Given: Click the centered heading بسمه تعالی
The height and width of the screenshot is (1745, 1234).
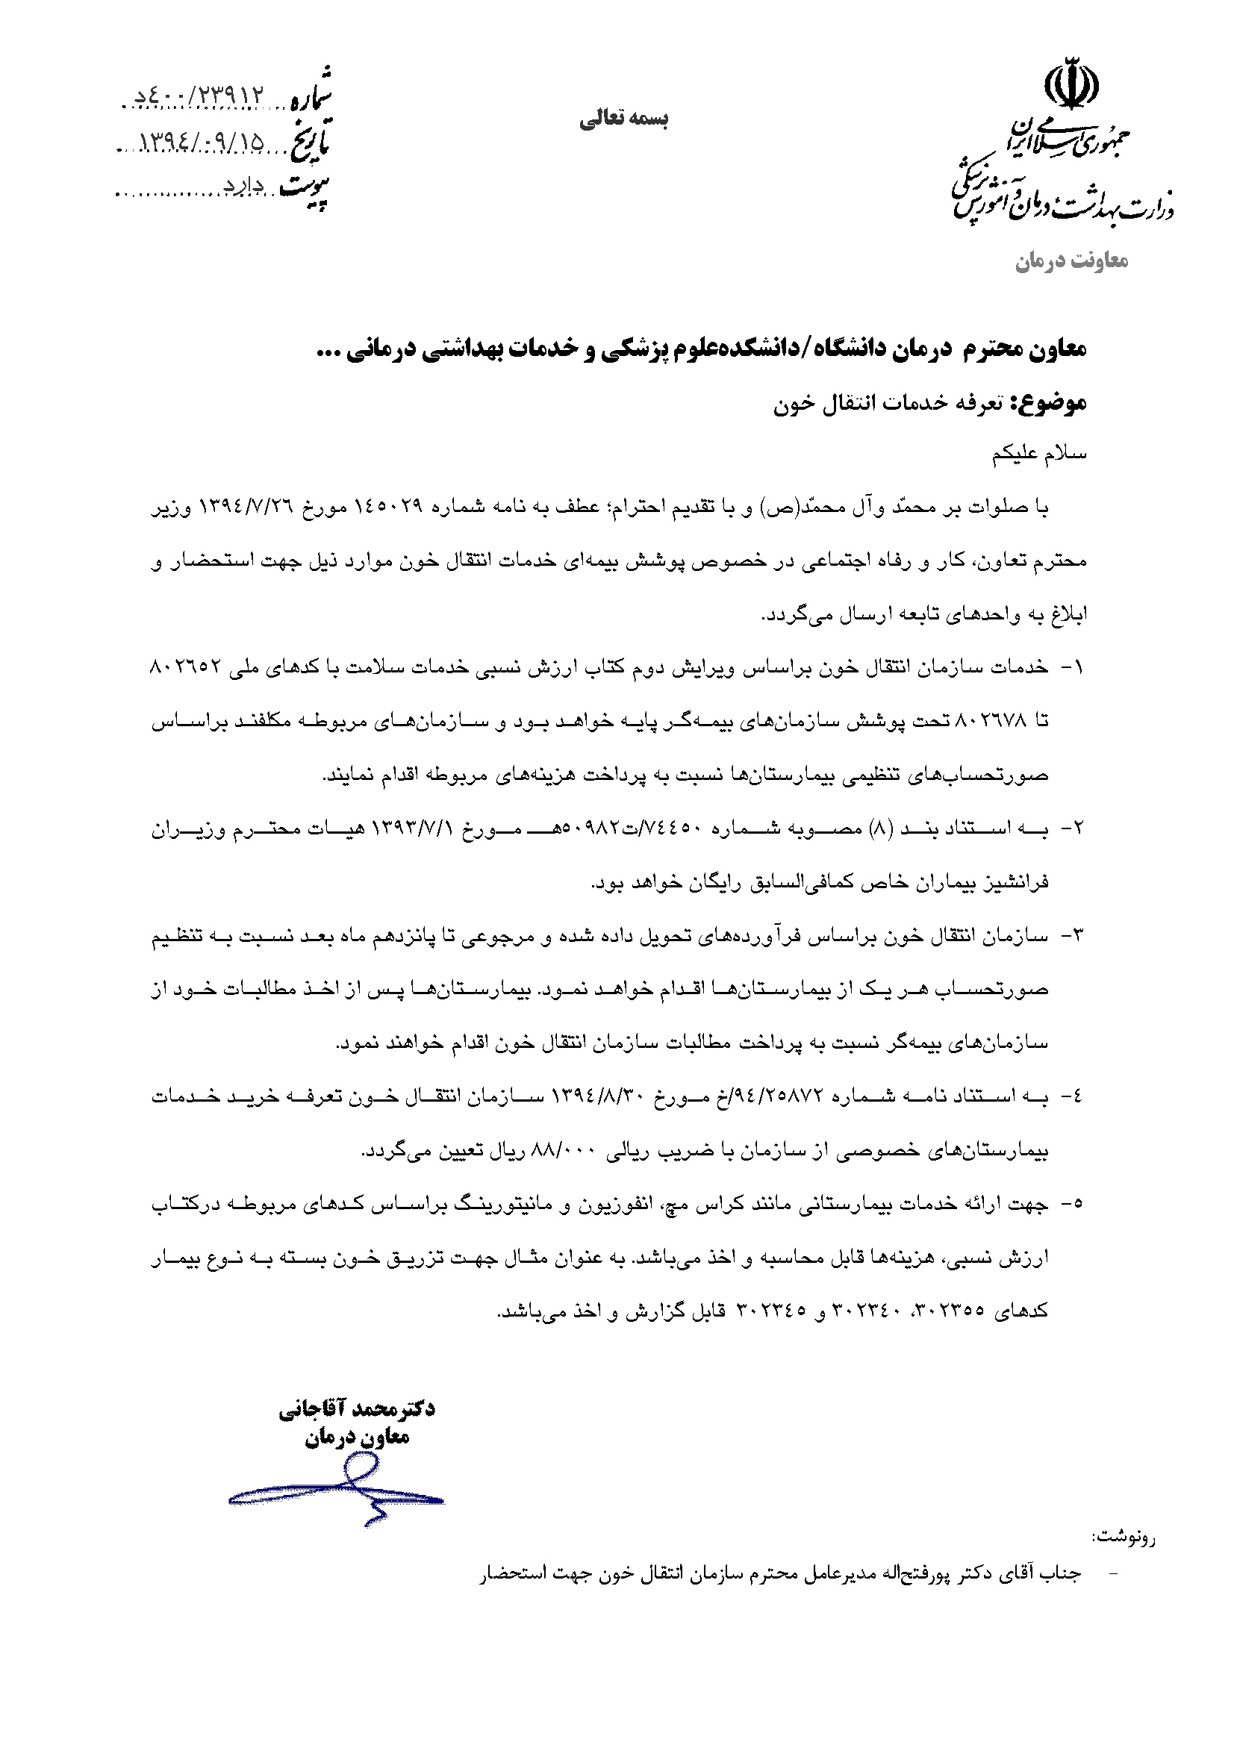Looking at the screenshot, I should (623, 119).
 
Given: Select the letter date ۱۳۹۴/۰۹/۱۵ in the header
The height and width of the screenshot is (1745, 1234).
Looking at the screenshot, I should (202, 143).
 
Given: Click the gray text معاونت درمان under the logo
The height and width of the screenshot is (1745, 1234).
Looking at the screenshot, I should (1072, 261).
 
